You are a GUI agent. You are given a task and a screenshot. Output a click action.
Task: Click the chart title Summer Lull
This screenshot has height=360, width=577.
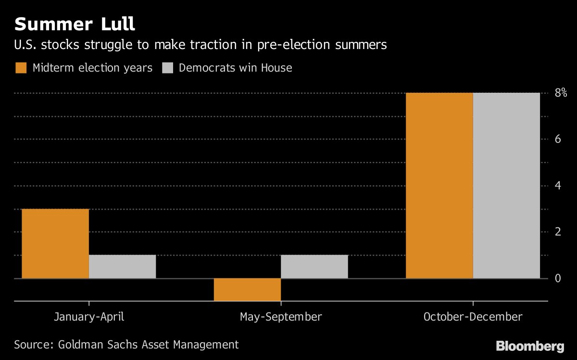pos(75,24)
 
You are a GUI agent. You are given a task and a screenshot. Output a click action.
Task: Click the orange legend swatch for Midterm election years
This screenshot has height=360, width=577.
pos(21,68)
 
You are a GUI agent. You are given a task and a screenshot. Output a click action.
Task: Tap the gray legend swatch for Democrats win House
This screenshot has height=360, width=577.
pos(167,68)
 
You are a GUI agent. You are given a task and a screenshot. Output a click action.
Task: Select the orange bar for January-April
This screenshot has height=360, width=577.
pos(55,244)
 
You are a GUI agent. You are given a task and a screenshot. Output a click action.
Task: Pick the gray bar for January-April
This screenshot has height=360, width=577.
pos(122,267)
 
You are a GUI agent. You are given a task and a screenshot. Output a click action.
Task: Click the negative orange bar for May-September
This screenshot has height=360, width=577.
pos(247,290)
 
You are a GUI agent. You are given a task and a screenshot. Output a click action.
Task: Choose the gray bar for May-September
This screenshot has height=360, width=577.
pos(314,267)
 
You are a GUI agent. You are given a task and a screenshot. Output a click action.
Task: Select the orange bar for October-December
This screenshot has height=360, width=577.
pos(439,186)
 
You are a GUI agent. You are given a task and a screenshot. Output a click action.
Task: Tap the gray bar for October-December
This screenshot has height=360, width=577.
pos(506,186)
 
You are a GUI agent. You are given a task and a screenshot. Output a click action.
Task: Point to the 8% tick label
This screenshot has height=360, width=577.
pos(561,93)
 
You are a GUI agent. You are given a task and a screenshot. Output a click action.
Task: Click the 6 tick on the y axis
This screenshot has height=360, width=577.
pos(558,139)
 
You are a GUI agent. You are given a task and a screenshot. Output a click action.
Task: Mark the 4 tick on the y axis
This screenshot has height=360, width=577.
pos(558,186)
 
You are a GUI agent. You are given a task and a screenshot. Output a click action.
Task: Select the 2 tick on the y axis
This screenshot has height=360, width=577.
pos(558,232)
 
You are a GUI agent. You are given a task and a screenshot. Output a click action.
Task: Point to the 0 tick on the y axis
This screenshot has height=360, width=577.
pos(558,279)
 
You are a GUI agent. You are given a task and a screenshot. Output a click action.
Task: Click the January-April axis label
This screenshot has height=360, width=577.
pos(89,317)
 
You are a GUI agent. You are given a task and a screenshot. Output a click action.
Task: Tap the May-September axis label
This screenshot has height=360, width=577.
pos(281,317)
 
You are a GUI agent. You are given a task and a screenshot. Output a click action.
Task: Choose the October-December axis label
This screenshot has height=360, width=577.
pos(473,317)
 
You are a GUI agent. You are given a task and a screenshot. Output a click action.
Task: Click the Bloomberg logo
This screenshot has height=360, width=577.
pos(530,346)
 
